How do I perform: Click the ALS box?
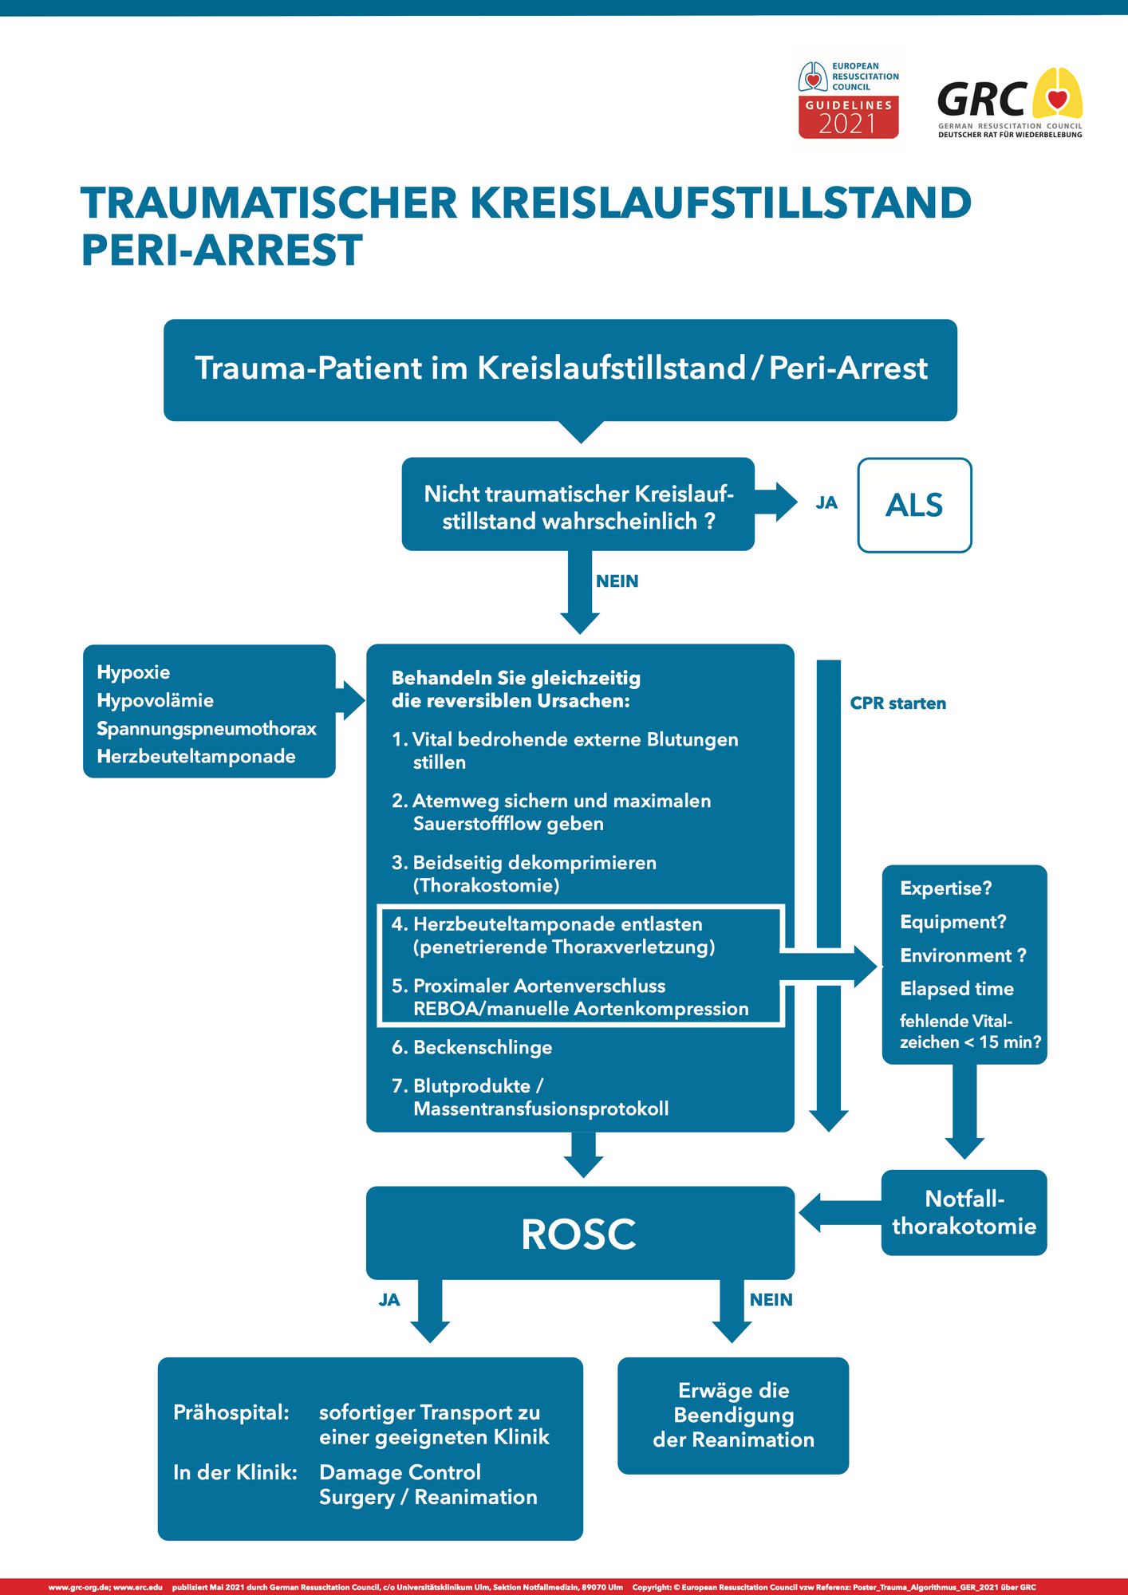(914, 505)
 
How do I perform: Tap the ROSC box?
(580, 1233)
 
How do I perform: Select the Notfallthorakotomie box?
(964, 1212)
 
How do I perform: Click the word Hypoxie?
(133, 672)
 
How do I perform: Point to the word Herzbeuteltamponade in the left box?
(196, 756)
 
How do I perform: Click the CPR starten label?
(897, 703)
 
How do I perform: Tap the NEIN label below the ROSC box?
(771, 1299)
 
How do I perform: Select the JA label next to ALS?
(826, 502)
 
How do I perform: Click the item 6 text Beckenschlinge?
(482, 1047)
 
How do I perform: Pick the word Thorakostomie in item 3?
(486, 885)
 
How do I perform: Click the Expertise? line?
(945, 888)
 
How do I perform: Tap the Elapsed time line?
(956, 989)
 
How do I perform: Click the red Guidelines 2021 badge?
(849, 117)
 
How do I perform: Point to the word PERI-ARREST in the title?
(222, 250)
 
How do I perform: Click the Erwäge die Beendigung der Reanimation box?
(733, 1415)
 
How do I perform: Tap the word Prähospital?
(231, 1412)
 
